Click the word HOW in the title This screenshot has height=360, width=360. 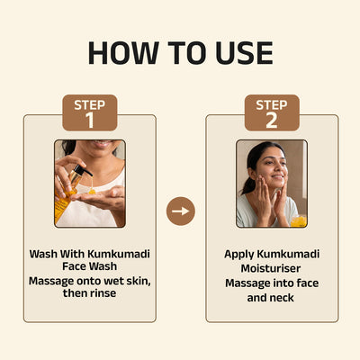coord(123,53)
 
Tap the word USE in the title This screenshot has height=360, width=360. coord(244,53)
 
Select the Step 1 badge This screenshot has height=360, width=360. coord(90,112)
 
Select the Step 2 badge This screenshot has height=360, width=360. coord(272,112)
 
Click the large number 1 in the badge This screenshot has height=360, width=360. coord(90,120)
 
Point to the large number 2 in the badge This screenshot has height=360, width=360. coord(272,120)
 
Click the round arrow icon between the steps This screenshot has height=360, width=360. coord(181,211)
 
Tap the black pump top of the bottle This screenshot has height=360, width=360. coord(82,170)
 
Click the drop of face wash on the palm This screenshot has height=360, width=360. coord(92,191)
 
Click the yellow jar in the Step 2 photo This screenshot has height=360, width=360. coord(299,221)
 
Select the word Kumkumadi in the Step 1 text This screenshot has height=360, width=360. coord(119,254)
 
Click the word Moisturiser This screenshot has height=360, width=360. coord(271,268)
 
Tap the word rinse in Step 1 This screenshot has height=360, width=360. coord(103,293)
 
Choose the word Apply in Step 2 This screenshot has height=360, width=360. coord(239,255)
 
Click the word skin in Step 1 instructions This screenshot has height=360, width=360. coord(139,282)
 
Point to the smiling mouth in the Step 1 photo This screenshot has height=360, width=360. coord(102,144)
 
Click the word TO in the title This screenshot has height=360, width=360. coord(187,53)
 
